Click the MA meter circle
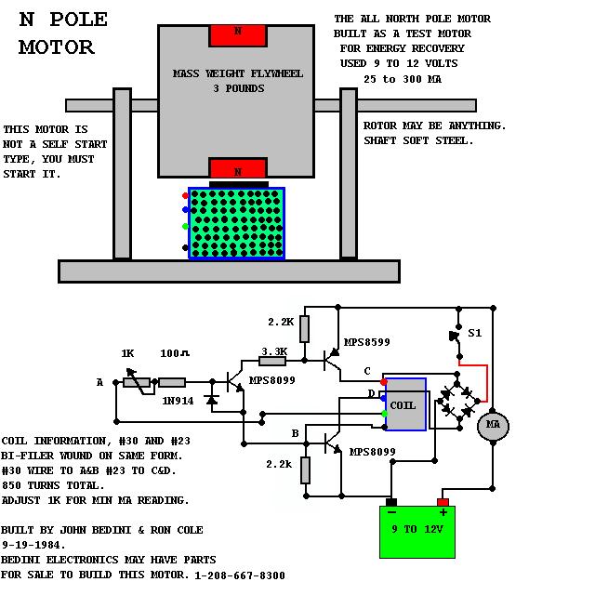pyautogui.click(x=493, y=426)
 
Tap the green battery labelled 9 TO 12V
pyautogui.click(x=417, y=532)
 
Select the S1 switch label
pyautogui.click(x=475, y=333)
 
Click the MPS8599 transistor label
pyautogui.click(x=366, y=342)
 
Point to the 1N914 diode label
pyautogui.click(x=178, y=401)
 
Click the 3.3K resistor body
pyautogui.click(x=272, y=361)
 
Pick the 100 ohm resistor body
pyautogui.click(x=172, y=382)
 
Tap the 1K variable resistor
pyautogui.click(x=137, y=382)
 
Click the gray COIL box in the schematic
pyautogui.click(x=405, y=404)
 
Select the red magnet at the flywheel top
pyautogui.click(x=238, y=35)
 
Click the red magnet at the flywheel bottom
pyautogui.click(x=238, y=167)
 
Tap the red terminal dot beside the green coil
pyautogui.click(x=185, y=196)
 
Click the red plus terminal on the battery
pyautogui.click(x=443, y=502)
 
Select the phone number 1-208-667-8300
pyautogui.click(x=240, y=575)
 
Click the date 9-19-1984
pyautogui.click(x=33, y=546)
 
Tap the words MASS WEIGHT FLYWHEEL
pyautogui.click(x=238, y=73)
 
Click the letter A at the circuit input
pyautogui.click(x=99, y=382)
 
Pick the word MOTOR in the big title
pyautogui.click(x=57, y=47)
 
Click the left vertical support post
pyautogui.click(x=122, y=175)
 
